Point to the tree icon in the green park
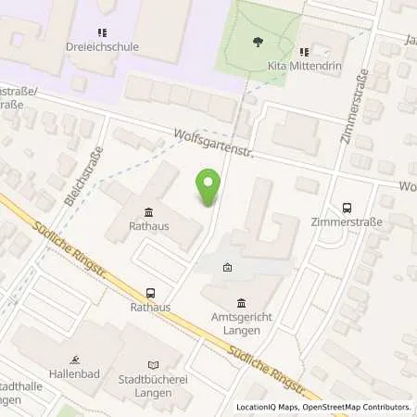point(257,42)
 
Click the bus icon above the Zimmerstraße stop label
point(347,208)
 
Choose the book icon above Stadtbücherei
point(153,362)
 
